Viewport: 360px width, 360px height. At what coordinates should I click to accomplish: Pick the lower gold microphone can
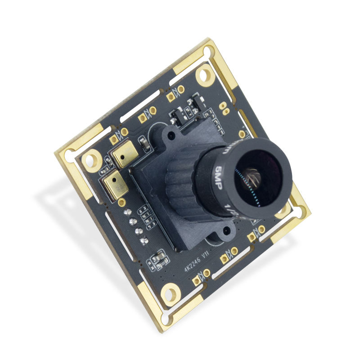[x=115, y=184]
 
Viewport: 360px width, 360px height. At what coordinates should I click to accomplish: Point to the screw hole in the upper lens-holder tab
[x=170, y=134]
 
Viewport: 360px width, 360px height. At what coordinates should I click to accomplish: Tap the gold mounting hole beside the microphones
[x=93, y=158]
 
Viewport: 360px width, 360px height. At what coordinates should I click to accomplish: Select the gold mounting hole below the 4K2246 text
[x=171, y=292]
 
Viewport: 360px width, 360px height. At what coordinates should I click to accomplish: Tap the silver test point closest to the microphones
[x=126, y=211]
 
